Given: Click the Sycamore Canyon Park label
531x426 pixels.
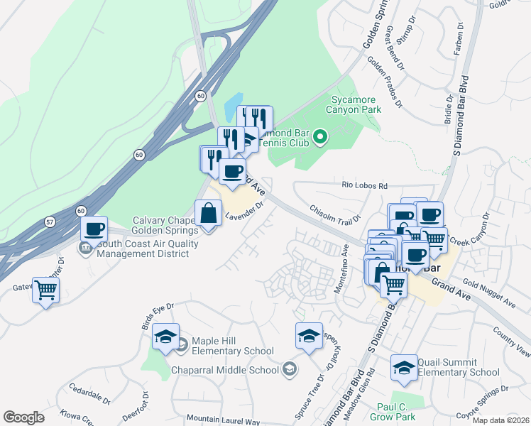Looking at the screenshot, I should tap(353, 104).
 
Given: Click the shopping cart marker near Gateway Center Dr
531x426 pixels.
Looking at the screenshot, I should tap(46, 290).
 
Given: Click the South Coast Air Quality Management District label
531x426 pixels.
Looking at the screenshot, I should tap(148, 248).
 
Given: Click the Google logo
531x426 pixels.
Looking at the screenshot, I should tap(23, 417).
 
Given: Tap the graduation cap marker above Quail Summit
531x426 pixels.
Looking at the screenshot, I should tap(404, 367).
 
